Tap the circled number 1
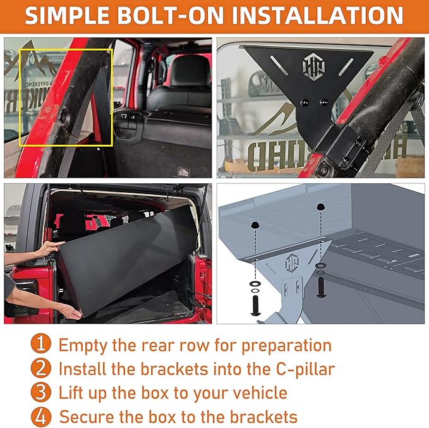pyautogui.click(x=40, y=345)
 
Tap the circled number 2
pyautogui.click(x=40, y=369)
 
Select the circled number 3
pyautogui.click(x=40, y=393)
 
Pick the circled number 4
pyautogui.click(x=40, y=417)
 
